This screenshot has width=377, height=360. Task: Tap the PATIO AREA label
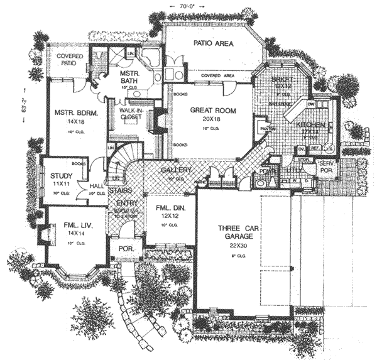point(212,44)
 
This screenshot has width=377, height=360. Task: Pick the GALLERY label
point(172,171)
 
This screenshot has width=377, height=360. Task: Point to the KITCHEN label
point(312,126)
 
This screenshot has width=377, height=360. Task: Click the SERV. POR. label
point(326,166)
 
